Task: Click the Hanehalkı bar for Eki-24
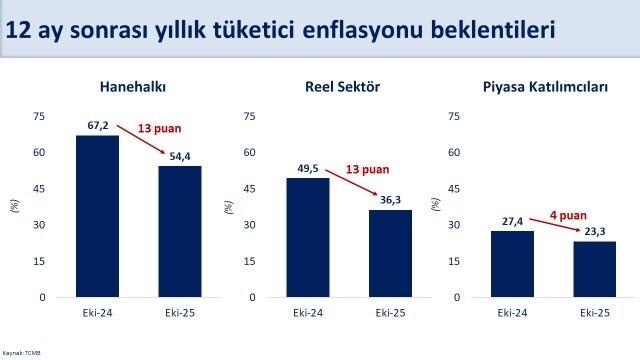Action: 98,216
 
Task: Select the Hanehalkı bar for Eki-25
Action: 180,231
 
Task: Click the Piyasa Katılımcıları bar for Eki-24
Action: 512,264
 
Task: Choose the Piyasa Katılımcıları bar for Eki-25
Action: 594,269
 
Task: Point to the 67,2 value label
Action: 96,127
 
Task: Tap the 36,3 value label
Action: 390,201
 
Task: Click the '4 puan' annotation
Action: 568,213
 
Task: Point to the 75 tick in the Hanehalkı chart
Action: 39,116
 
